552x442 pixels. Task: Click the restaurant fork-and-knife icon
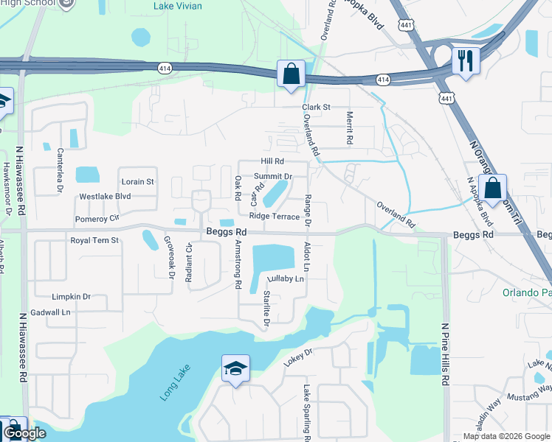click(466, 60)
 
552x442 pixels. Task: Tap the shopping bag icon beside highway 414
click(291, 74)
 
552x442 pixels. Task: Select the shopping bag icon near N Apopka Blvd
click(492, 188)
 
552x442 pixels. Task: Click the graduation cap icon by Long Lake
click(235, 368)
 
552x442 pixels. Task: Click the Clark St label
click(315, 108)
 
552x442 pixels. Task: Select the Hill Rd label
click(272, 161)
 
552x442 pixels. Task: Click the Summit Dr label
click(274, 177)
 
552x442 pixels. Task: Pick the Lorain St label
click(137, 181)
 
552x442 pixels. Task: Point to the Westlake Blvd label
click(105, 197)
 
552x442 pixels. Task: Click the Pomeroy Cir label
click(97, 219)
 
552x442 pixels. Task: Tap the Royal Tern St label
click(94, 240)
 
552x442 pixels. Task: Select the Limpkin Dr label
click(71, 297)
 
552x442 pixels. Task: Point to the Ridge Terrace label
click(275, 217)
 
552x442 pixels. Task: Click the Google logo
click(24, 433)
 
